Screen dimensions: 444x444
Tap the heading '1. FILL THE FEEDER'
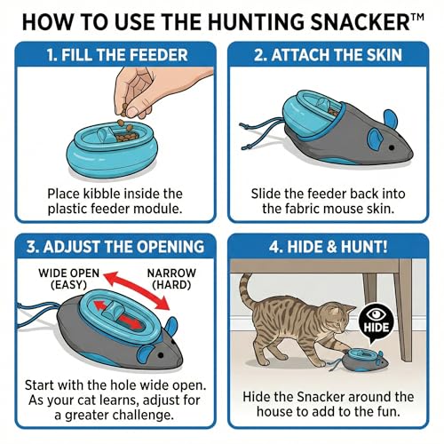click(117, 55)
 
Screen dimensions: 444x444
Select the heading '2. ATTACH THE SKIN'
click(328, 55)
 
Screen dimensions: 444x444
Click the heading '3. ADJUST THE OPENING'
click(115, 247)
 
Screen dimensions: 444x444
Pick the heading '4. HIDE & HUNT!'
click(328, 247)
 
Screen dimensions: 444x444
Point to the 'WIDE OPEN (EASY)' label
click(68, 279)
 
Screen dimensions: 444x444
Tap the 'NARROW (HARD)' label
click(171, 279)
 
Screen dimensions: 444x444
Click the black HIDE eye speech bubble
click(377, 322)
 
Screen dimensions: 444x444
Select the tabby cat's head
click(340, 318)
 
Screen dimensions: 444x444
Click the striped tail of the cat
click(247, 293)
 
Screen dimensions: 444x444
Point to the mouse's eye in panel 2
click(392, 147)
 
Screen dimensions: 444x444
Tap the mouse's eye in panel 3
click(161, 354)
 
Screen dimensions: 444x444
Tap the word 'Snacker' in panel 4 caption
click(321, 397)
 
